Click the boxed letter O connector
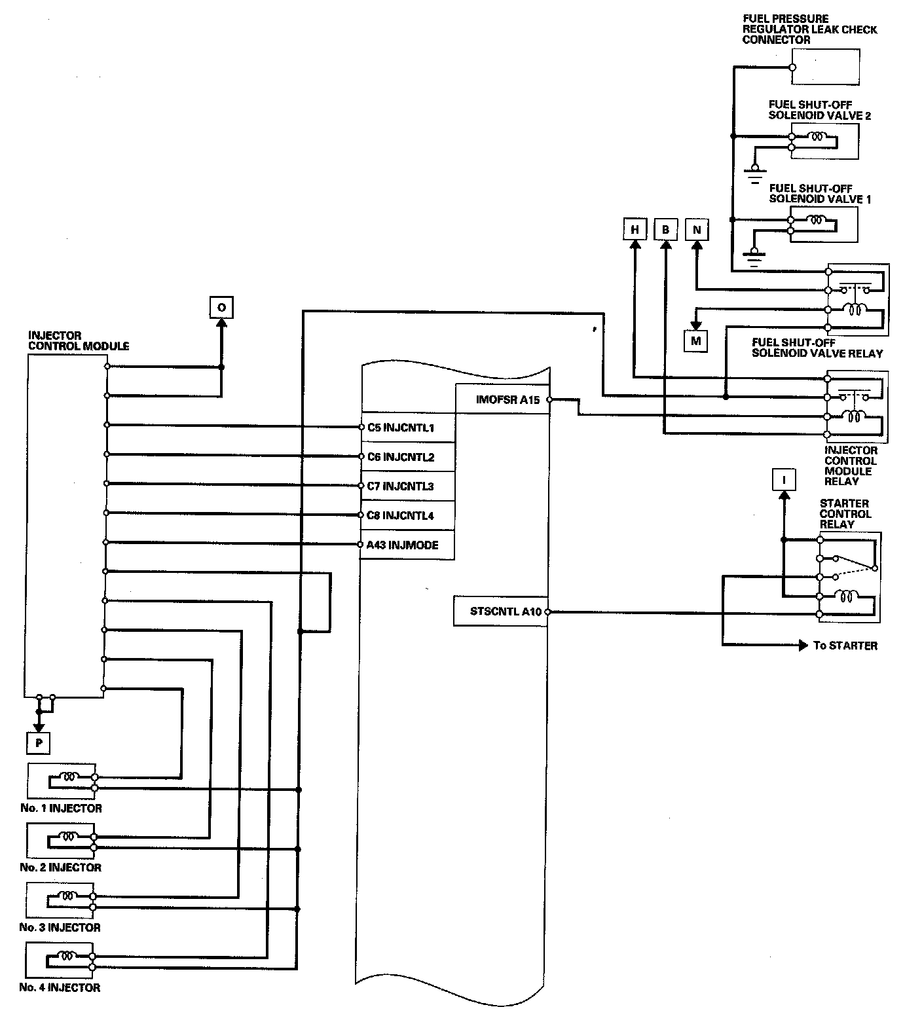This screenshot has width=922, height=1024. (x=221, y=307)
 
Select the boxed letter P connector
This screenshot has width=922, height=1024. (x=39, y=742)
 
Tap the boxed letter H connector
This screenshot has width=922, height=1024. (x=634, y=230)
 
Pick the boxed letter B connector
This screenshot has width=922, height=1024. (x=665, y=230)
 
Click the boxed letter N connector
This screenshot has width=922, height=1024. (x=696, y=230)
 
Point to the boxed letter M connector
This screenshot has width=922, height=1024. (x=695, y=341)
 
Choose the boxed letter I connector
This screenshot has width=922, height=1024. (x=784, y=480)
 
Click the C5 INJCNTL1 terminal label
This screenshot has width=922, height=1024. (x=401, y=428)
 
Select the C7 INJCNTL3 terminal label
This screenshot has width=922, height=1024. (x=401, y=486)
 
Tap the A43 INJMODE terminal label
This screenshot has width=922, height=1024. (x=403, y=545)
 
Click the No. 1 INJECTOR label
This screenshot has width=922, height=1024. (x=61, y=808)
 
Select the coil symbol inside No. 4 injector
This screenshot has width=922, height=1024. (x=68, y=955)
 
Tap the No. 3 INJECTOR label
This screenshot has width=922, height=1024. (x=60, y=927)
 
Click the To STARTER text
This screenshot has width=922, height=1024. (x=845, y=646)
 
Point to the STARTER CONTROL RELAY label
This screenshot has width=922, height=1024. (x=845, y=514)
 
